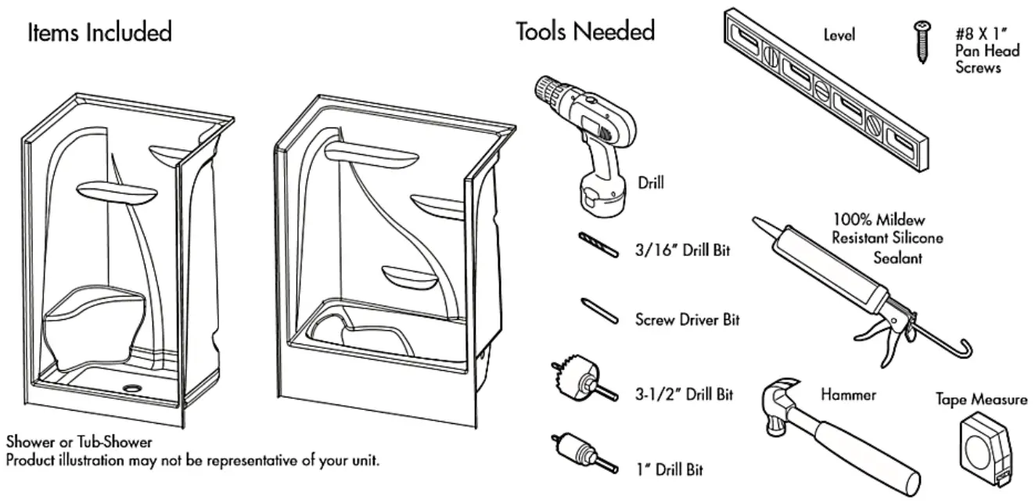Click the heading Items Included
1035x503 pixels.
point(100,32)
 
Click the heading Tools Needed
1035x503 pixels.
point(584,31)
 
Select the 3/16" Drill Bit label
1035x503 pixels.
point(682,252)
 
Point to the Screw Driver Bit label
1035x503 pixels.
point(687,319)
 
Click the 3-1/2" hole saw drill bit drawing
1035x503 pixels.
point(580,381)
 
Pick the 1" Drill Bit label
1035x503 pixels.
point(669,469)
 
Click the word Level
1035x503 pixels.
point(839,34)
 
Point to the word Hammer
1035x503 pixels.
point(848,394)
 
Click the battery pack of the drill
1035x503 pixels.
point(601,192)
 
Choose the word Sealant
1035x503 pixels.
point(897,258)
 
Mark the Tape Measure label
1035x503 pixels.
point(982,400)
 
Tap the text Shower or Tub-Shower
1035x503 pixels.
point(79,443)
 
